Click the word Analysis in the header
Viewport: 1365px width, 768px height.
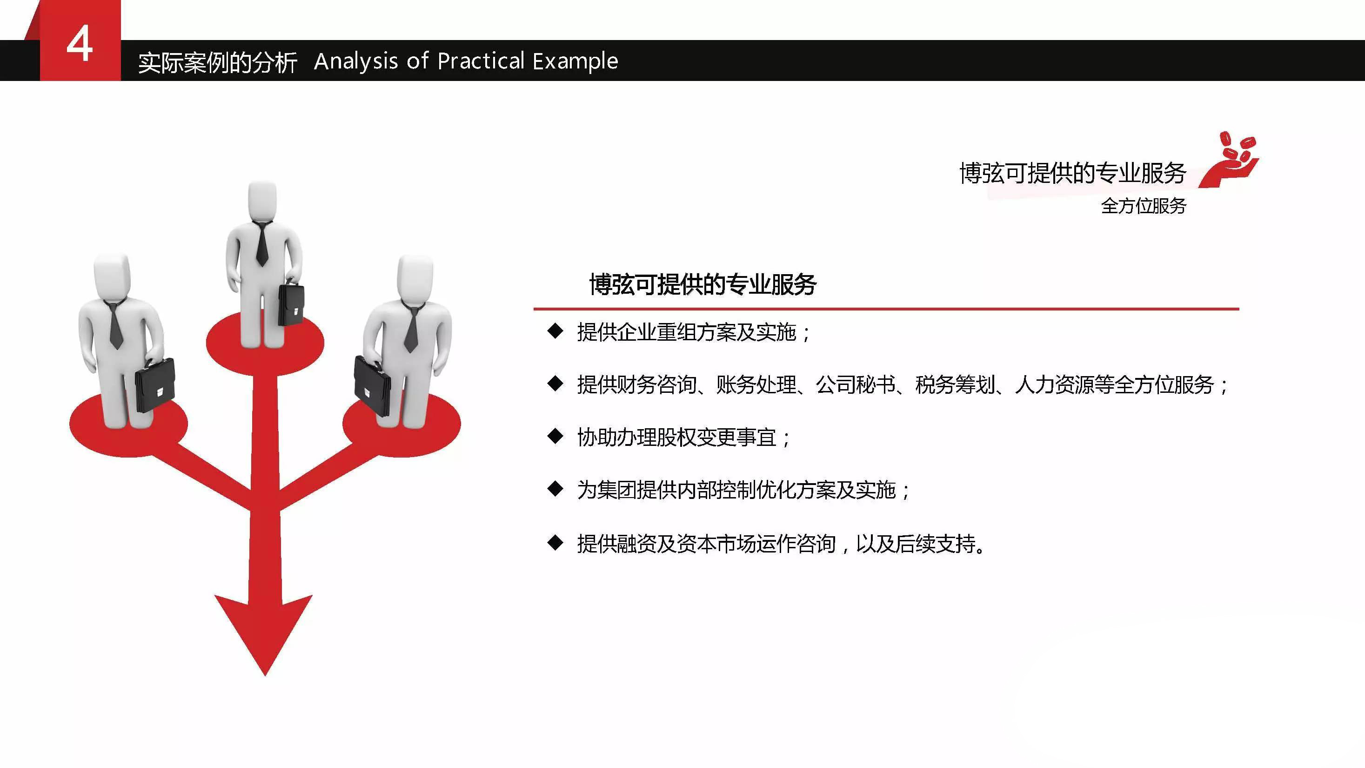click(355, 61)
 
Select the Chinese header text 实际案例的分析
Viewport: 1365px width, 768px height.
click(217, 62)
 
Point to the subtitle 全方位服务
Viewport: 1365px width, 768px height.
click(1144, 206)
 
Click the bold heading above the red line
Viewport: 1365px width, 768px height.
click(703, 284)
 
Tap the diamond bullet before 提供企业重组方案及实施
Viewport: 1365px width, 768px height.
click(555, 331)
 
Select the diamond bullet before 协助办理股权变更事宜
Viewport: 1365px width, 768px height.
click(555, 436)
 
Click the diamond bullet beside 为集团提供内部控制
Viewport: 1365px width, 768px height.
click(555, 489)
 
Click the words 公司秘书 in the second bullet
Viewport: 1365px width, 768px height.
click(855, 385)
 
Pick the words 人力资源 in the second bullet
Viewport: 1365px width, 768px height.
click(1055, 385)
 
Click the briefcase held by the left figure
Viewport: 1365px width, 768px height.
click(155, 385)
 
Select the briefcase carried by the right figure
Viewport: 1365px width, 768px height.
click(373, 385)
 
